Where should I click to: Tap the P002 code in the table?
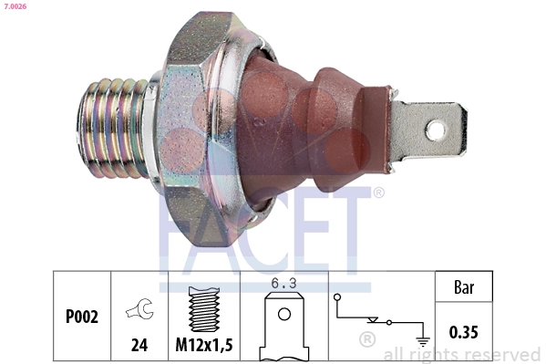(83, 317)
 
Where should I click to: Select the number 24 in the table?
(139, 347)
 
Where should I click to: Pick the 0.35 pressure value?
(463, 332)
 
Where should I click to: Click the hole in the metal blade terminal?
(435, 130)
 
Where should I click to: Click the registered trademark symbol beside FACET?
(379, 193)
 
